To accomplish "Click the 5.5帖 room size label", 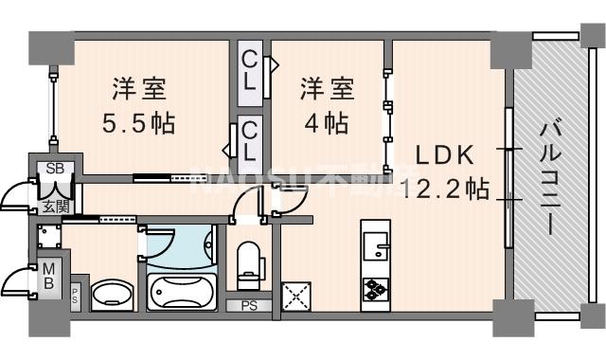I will pos(139,123).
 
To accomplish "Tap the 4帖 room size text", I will pos(326,123).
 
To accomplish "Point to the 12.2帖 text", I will pos(445,189).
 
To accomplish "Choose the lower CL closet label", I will pos(250,137).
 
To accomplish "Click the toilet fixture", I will pos(249,263).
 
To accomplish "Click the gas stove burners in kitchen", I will pos(373,288).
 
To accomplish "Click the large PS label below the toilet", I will pos(248,306).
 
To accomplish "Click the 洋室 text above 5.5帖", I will pos(139,91).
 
